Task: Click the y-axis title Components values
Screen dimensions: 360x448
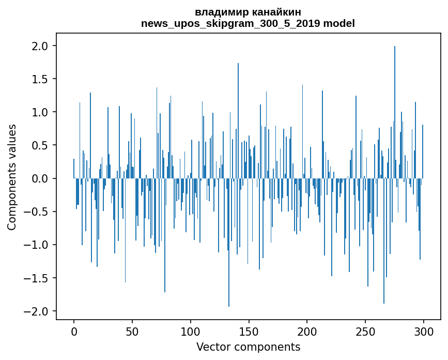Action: click(12, 177)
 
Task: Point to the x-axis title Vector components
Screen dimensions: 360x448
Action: click(248, 347)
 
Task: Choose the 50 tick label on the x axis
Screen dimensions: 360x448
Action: click(132, 331)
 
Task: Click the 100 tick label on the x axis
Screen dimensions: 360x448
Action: click(191, 331)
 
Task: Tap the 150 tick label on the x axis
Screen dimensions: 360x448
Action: click(249, 331)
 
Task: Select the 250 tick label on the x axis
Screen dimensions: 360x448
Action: click(365, 331)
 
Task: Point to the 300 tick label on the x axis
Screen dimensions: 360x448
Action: click(424, 331)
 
